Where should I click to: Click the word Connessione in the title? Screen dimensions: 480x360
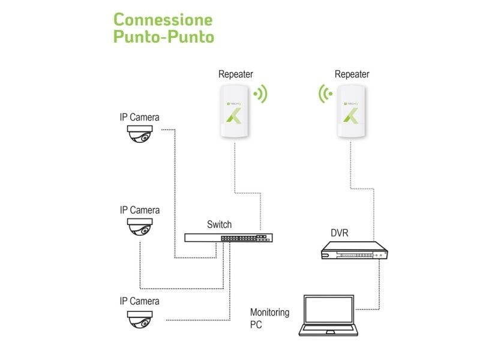[x=163, y=20]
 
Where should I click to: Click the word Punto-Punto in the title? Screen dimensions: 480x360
[x=163, y=37]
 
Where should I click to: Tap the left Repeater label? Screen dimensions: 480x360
[x=236, y=74]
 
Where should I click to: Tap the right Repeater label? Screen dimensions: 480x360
[x=352, y=74]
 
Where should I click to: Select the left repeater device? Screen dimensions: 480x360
[x=234, y=111]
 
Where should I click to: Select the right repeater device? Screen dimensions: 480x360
[x=351, y=111]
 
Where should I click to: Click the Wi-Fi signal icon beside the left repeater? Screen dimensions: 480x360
[x=261, y=94]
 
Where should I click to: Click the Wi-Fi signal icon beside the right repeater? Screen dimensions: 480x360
[x=325, y=94]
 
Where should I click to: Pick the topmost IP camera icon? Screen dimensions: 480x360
[x=140, y=133]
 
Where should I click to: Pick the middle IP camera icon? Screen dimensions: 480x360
[x=140, y=227]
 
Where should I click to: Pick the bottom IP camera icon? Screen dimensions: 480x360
[x=140, y=319]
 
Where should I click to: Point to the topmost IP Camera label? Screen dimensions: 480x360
[x=140, y=117]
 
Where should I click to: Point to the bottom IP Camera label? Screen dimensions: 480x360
[x=140, y=301]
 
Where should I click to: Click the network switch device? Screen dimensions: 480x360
[x=229, y=238]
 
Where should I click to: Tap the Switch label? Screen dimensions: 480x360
[x=219, y=224]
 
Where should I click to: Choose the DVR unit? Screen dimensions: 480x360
[x=355, y=250]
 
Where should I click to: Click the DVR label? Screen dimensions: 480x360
[x=340, y=233]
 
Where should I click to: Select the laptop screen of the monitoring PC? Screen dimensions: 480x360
[x=329, y=310]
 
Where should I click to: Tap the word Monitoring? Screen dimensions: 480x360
[x=269, y=313]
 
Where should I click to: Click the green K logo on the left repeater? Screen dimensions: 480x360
[x=233, y=116]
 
